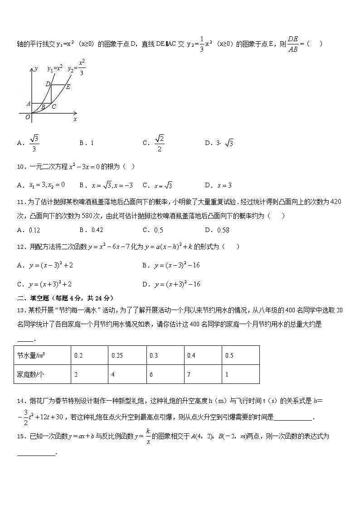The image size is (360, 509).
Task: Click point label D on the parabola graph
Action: point(48,84)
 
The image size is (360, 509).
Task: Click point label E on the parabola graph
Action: point(68,87)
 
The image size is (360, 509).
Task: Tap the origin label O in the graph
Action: point(28,117)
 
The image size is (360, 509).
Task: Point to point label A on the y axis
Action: point(28,103)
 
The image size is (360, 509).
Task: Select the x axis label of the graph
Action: point(75,119)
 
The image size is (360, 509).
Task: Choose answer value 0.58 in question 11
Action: point(223,230)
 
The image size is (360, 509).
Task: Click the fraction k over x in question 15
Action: point(148,436)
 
